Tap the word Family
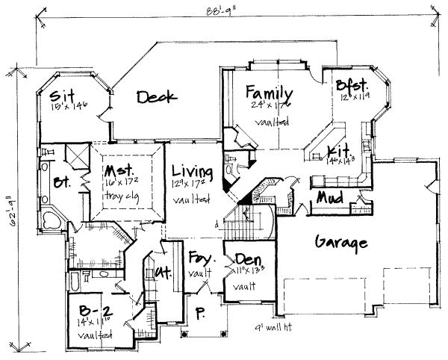pyautogui.click(x=267, y=93)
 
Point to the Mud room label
pyautogui.click(x=329, y=198)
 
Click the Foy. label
pyautogui.click(x=199, y=258)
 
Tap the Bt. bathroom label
pyautogui.click(x=62, y=181)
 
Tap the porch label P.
pyautogui.click(x=199, y=312)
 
